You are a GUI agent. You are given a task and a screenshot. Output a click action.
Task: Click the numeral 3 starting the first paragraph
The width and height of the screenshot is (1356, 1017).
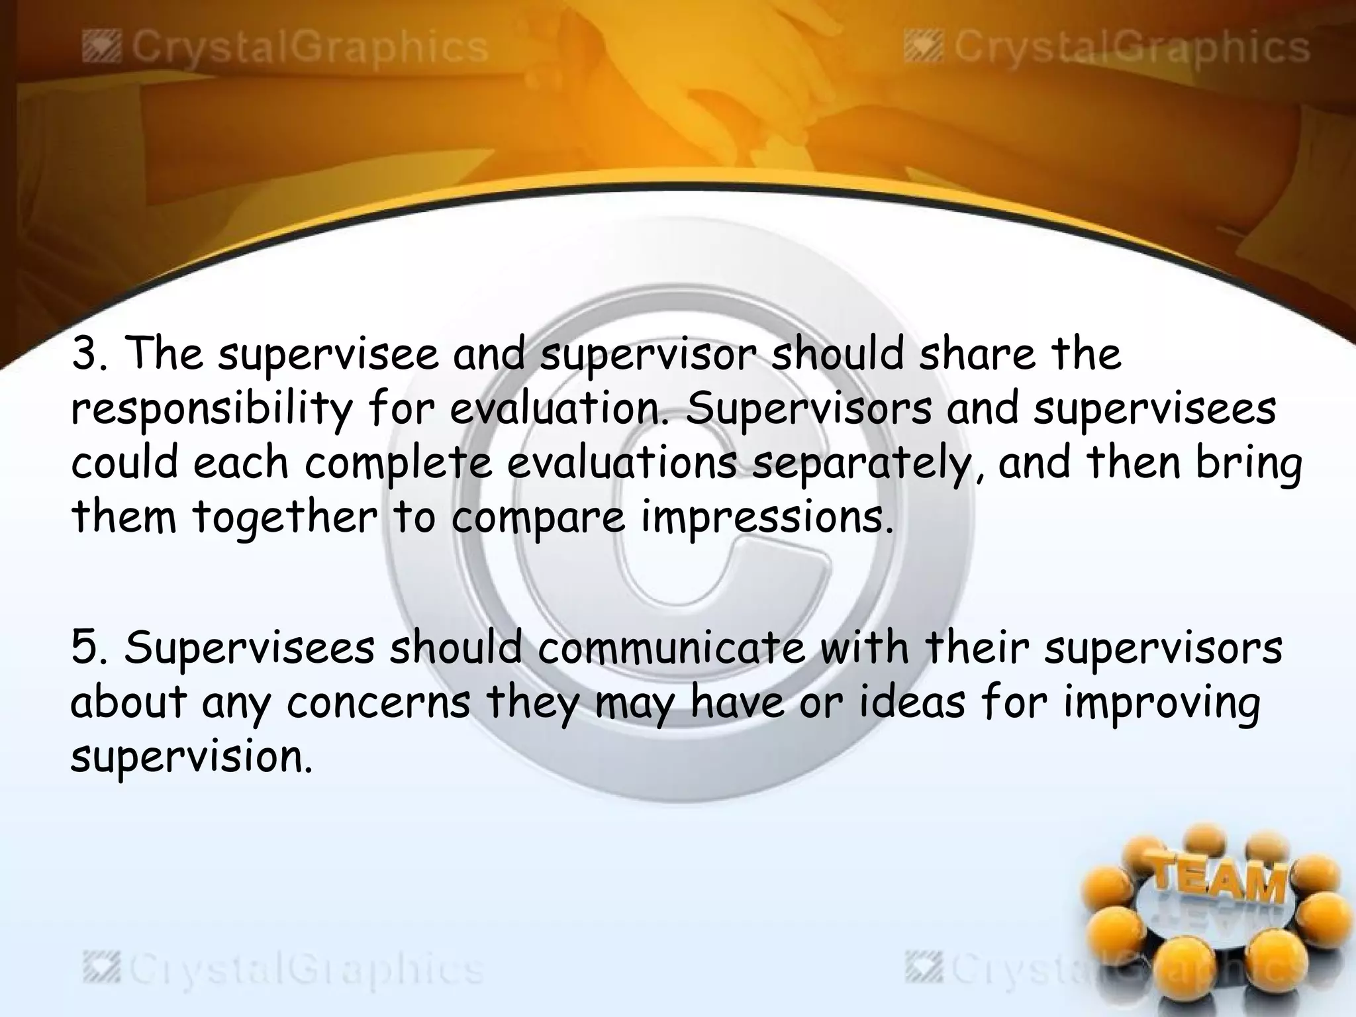tap(83, 354)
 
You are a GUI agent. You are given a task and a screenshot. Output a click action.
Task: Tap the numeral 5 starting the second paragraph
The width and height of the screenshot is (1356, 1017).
tap(84, 648)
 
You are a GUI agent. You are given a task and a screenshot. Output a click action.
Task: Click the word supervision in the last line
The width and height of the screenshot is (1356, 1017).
tap(190, 758)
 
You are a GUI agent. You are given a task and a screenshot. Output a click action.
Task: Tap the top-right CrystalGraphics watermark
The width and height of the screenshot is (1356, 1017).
tap(1106, 48)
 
